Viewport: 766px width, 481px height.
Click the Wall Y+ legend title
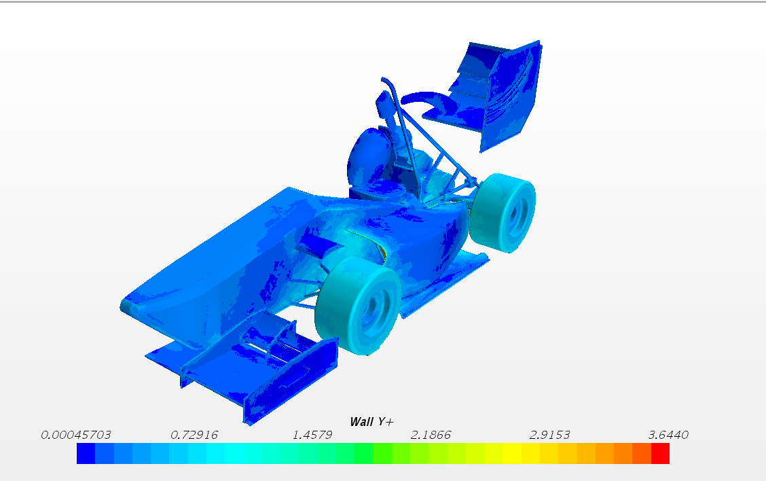coord(371,422)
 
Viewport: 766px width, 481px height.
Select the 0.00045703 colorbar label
coord(76,435)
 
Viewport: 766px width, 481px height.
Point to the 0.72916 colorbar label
coord(194,435)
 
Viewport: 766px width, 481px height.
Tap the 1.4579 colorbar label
coord(312,435)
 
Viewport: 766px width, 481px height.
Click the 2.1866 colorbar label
coord(431,435)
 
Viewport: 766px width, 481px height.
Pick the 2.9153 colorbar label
coord(549,435)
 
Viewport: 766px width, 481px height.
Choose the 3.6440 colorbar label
coord(668,435)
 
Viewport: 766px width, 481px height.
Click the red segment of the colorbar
coord(660,454)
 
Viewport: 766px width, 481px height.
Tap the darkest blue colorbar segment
coord(86,454)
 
